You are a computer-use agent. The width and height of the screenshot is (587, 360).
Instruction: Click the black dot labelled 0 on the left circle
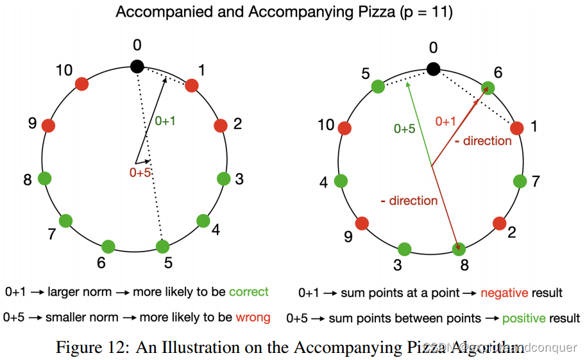(137, 66)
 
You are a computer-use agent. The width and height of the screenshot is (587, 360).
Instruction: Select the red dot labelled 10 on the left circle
(81, 83)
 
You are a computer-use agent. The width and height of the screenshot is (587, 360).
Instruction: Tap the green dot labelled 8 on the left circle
(45, 178)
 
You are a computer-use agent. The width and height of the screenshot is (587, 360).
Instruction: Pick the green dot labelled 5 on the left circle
(163, 246)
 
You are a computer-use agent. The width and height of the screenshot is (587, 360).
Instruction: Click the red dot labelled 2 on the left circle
(221, 125)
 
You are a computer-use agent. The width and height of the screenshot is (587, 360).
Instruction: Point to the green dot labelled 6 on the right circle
(488, 88)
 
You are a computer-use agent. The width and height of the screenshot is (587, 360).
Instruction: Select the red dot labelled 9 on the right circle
(362, 223)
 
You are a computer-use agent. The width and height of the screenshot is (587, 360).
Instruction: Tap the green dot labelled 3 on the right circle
(404, 249)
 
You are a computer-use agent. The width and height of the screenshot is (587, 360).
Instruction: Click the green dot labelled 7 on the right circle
(520, 181)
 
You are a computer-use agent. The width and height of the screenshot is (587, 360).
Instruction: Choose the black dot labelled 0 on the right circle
(434, 68)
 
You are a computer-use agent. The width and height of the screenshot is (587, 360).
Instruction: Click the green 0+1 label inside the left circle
(165, 121)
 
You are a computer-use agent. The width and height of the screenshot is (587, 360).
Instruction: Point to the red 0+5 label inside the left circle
(140, 173)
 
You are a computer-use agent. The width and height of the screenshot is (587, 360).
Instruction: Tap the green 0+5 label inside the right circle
(404, 128)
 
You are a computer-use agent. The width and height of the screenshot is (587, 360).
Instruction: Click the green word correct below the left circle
(248, 292)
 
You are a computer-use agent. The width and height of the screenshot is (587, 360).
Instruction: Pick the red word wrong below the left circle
(252, 317)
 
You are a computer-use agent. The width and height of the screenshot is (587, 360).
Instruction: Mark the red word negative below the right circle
(503, 293)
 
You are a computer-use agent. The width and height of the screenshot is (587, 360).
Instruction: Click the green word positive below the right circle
(523, 318)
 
